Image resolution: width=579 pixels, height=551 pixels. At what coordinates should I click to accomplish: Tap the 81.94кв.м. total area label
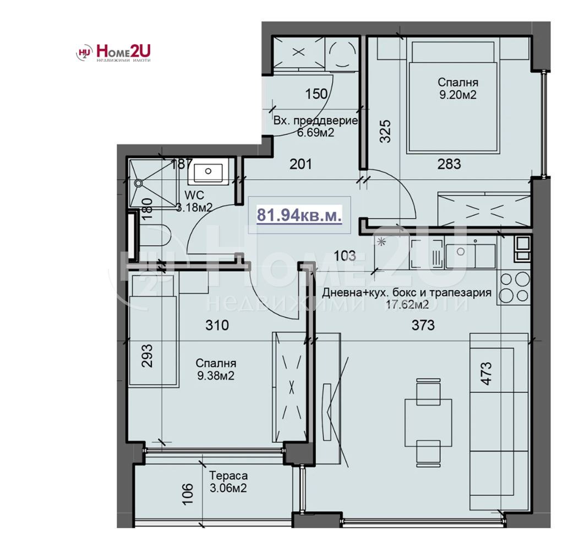[x=299, y=215]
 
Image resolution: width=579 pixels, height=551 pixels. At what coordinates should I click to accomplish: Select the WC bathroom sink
[x=208, y=172]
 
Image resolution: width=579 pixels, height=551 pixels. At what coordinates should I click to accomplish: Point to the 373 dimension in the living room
[x=422, y=325]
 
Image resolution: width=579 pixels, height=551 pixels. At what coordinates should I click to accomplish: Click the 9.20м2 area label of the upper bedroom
[x=457, y=94]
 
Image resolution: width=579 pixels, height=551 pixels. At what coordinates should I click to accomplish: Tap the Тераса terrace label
[x=228, y=476]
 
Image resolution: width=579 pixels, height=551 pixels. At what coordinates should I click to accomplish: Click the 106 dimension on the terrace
[x=188, y=494]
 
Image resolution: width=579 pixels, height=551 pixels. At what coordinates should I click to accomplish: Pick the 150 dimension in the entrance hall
[x=316, y=94]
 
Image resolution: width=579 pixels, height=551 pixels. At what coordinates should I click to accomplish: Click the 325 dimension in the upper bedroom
[x=385, y=132]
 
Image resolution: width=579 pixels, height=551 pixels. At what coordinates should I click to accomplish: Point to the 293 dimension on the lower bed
[x=147, y=355]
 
